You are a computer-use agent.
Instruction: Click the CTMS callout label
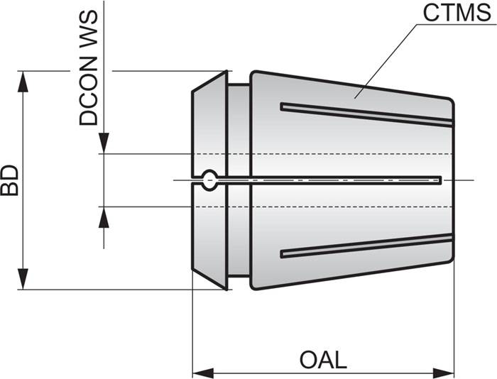pyautogui.click(x=452, y=13)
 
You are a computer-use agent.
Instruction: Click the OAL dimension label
pyautogui.click(x=323, y=359)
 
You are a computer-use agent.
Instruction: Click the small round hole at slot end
pyautogui.click(x=209, y=181)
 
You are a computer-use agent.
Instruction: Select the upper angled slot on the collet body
pyautogui.click(x=366, y=114)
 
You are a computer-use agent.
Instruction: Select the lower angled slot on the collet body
pyautogui.click(x=366, y=246)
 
